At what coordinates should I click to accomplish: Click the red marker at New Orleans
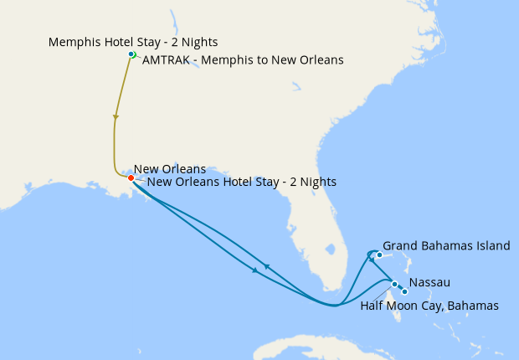[131, 177]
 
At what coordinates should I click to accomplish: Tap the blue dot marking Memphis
[131, 54]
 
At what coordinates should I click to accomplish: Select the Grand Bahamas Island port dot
[379, 255]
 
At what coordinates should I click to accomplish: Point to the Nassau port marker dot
[394, 285]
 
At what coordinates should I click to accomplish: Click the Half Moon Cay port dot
[404, 291]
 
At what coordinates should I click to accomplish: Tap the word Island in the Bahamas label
[491, 245]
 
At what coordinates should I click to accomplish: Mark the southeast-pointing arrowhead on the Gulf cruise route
[254, 270]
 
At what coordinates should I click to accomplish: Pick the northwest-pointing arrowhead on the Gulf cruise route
[266, 266]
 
